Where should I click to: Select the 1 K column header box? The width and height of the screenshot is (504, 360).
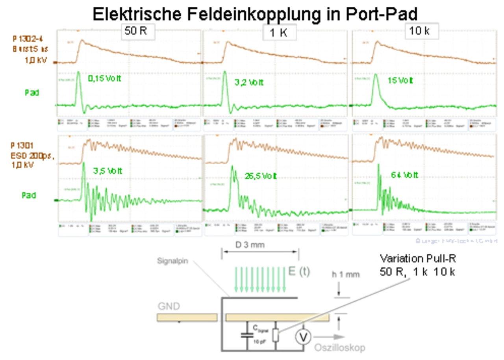(x=279, y=33)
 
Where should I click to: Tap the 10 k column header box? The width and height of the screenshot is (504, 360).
(x=421, y=32)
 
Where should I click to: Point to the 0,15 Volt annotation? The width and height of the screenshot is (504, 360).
(x=104, y=79)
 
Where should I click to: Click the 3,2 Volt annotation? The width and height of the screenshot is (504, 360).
(x=249, y=83)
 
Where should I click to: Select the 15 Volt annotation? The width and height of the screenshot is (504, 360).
(x=400, y=80)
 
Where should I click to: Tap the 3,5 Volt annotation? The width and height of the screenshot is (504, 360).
(x=107, y=171)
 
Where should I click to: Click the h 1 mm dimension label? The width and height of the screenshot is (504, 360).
(x=345, y=275)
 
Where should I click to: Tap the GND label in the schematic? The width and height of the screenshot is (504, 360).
(x=168, y=306)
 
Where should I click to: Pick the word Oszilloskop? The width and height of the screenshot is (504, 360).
(x=339, y=348)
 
